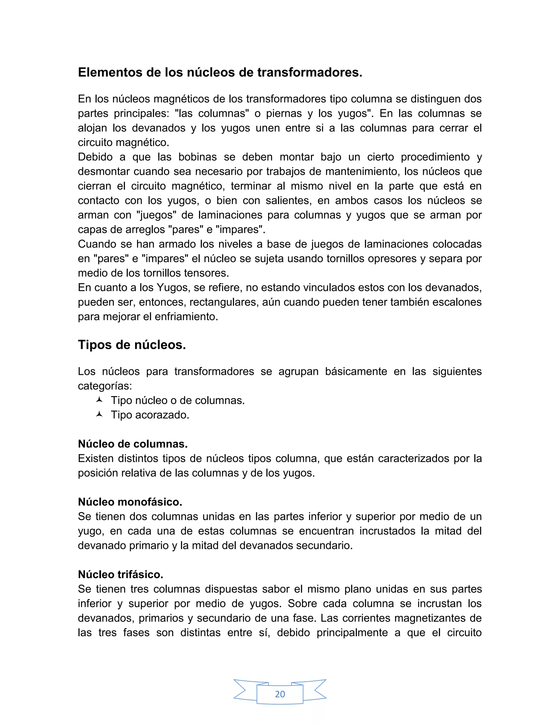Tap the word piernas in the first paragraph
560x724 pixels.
point(284,113)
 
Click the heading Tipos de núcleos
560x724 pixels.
point(132,345)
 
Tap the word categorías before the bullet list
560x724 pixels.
point(105,386)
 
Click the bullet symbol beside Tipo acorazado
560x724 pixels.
point(99,414)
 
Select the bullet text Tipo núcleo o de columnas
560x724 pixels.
point(177,401)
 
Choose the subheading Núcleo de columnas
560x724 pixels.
point(133,444)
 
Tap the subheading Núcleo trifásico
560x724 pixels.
point(120,575)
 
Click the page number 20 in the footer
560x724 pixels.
point(280,694)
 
